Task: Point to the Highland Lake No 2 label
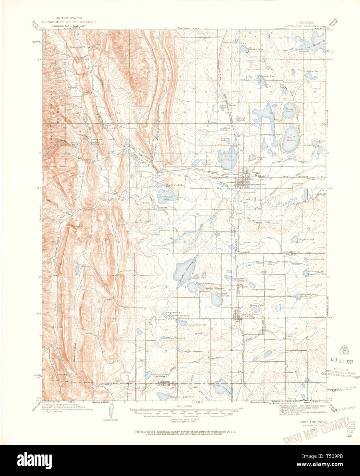[x=182, y=397]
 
